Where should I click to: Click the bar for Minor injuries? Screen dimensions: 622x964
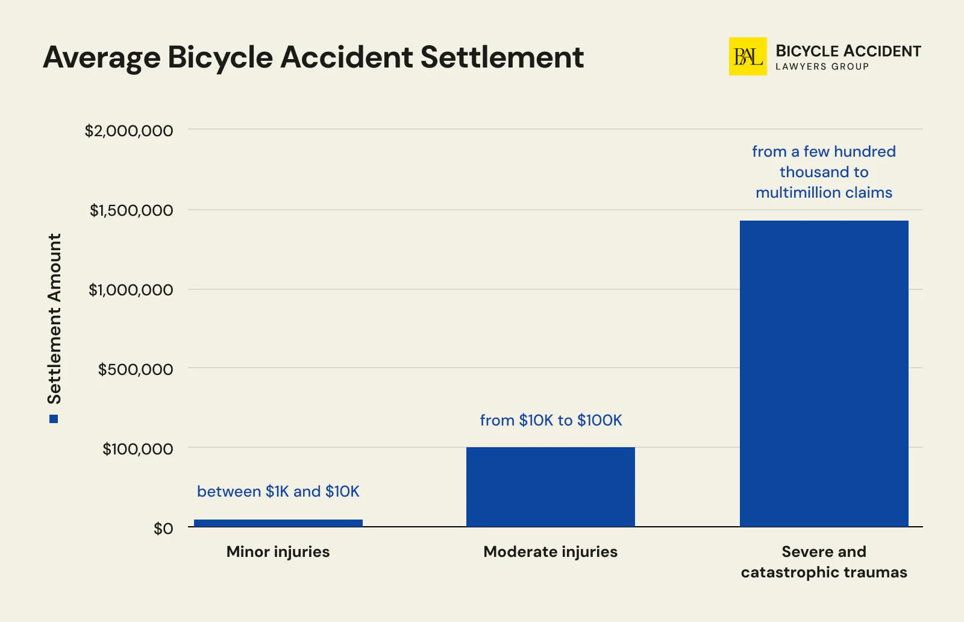278,523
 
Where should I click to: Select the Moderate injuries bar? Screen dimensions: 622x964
550,486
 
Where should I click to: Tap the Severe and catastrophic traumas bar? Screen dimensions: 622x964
824,374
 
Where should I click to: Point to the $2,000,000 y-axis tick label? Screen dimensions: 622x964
128,131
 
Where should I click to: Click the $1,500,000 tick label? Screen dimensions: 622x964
131,210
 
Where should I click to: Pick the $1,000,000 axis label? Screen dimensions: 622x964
130,290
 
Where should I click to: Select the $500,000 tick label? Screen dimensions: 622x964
135,369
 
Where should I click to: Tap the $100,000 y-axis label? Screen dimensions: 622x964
137,449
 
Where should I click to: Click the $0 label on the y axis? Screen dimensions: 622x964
163,529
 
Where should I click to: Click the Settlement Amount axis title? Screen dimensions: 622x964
55,318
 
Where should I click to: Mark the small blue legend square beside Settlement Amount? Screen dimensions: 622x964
54,419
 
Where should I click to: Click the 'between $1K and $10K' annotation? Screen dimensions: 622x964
278,491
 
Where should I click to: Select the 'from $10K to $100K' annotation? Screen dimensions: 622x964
551,420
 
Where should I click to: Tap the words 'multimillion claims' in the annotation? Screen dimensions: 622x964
824,192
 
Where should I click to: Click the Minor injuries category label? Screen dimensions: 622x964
278,551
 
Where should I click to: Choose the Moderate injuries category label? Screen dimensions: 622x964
550,551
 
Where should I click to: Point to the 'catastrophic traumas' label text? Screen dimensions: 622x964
824,572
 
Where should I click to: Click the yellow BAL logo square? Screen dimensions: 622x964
747,57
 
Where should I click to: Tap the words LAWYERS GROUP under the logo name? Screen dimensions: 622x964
822,67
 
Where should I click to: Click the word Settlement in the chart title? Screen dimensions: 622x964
502,57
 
